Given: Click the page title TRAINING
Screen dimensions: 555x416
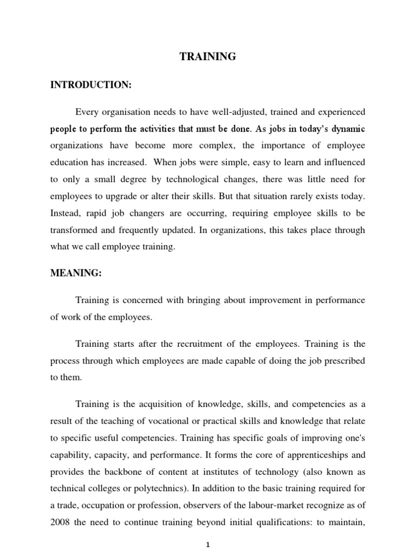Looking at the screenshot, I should click(208, 57).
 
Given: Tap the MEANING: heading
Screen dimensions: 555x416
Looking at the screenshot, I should click(76, 274).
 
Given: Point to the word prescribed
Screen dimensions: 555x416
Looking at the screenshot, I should click(343, 361).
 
